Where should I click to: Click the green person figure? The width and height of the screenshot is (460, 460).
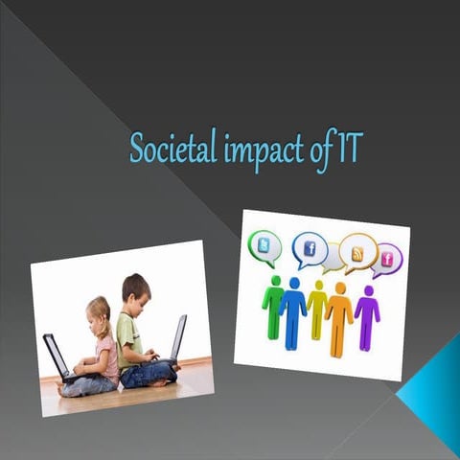coord(273,306)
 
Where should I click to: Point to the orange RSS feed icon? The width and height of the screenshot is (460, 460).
coord(357,252)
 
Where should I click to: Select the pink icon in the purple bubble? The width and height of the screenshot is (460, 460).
coord(388,258)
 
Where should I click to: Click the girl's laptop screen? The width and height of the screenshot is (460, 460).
coord(56,355)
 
